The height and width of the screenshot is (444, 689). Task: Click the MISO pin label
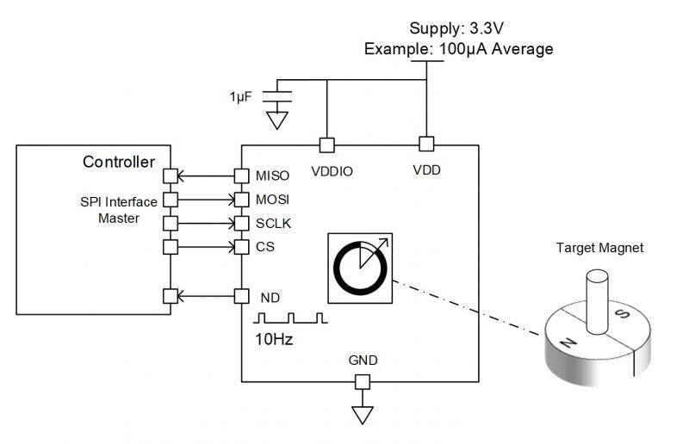point(272,176)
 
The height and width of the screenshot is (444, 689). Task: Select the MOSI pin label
point(273,200)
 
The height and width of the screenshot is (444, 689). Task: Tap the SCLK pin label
point(274,224)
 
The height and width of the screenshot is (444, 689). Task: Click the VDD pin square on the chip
point(425,143)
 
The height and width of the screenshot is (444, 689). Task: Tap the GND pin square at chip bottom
point(363,381)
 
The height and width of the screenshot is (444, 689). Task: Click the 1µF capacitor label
point(240,97)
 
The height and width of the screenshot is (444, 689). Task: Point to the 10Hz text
point(275,339)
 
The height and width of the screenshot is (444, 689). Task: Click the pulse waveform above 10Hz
point(291,318)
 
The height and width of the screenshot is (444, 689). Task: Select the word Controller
point(119,162)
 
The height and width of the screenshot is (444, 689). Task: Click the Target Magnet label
point(599,248)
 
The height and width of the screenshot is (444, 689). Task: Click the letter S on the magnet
point(623,313)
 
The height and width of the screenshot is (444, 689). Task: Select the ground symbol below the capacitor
point(276,119)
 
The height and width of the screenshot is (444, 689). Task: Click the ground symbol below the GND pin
point(363,415)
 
